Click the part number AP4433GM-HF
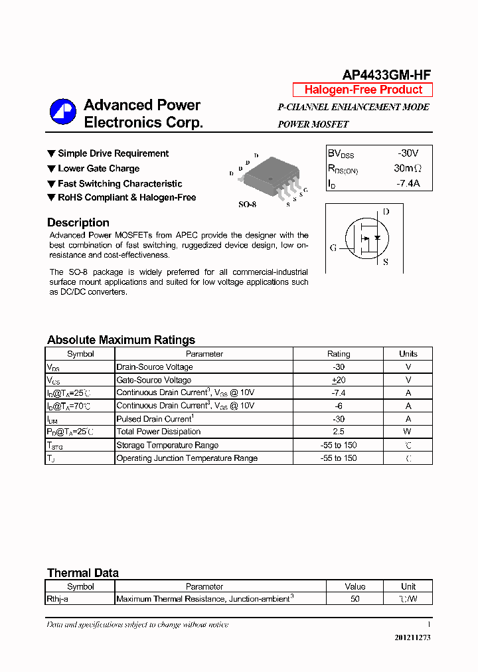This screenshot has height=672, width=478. (x=387, y=75)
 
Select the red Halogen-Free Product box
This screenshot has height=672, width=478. (x=362, y=90)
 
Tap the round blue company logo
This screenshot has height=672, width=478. (x=63, y=112)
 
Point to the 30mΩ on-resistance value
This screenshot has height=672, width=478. (x=408, y=169)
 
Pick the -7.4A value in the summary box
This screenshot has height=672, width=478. (x=408, y=184)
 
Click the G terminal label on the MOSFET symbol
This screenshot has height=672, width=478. (x=333, y=248)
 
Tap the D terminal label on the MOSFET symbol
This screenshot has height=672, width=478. (x=386, y=212)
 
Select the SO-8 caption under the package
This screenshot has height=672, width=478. (x=247, y=205)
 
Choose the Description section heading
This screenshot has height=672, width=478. (x=78, y=223)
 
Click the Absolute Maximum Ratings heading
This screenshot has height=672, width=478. (x=121, y=340)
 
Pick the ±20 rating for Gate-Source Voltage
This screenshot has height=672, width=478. (x=339, y=380)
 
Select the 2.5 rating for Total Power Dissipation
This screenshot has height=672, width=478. (x=339, y=432)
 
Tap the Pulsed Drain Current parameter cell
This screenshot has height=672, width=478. (x=155, y=419)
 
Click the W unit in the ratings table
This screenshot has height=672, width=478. (x=408, y=432)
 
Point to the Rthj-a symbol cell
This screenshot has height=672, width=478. (x=57, y=599)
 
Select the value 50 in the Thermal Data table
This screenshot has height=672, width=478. (x=355, y=599)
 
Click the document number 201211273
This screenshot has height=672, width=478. (x=412, y=637)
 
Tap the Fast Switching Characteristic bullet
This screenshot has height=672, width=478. (x=119, y=184)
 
